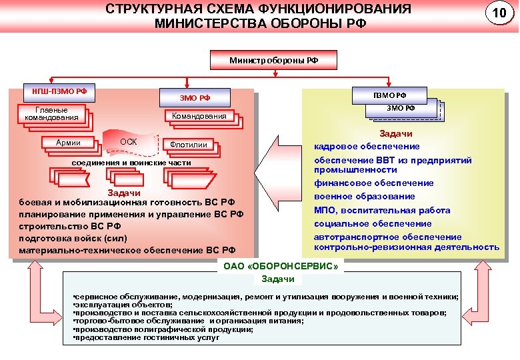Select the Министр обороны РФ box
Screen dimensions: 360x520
point(274,60)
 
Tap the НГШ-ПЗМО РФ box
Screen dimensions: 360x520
point(59,91)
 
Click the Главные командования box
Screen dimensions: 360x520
point(51,114)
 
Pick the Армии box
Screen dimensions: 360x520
point(68,142)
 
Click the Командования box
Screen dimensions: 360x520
point(199,116)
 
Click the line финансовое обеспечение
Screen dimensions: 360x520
point(373,183)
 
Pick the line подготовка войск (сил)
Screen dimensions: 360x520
point(73,238)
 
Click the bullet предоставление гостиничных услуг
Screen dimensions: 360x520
point(146,337)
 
